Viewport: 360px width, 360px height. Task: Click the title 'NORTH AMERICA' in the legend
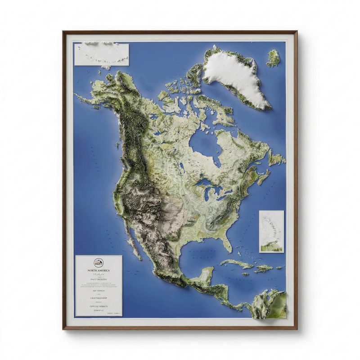pyautogui.click(x=99, y=270)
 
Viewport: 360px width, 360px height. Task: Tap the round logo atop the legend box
pyautogui.click(x=99, y=263)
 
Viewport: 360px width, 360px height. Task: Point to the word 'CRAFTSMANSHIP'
pyautogui.click(x=99, y=298)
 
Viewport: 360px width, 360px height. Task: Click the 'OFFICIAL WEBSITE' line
pyautogui.click(x=99, y=306)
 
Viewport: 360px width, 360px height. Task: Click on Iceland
pyautogui.click(x=273, y=58)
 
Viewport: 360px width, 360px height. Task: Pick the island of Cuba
pyautogui.click(x=236, y=263)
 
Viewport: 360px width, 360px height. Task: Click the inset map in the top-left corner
pyautogui.click(x=102, y=54)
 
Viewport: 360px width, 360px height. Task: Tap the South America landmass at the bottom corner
pyautogui.click(x=270, y=304)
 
